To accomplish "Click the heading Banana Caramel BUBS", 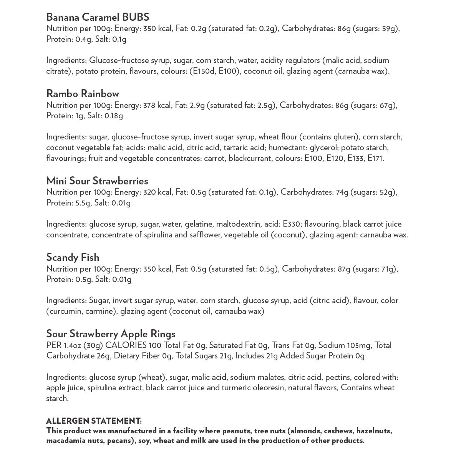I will click(98, 17).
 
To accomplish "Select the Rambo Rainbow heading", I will click(83, 94).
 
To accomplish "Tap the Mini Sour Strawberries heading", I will click(97, 181).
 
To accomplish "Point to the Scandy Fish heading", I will click(73, 257).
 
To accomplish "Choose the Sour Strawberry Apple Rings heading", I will click(111, 334).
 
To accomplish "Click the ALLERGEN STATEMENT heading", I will click(94, 421).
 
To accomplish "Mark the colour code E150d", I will click(202, 71).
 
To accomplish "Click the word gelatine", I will click(198, 224).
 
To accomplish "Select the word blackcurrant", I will click(250, 158).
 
